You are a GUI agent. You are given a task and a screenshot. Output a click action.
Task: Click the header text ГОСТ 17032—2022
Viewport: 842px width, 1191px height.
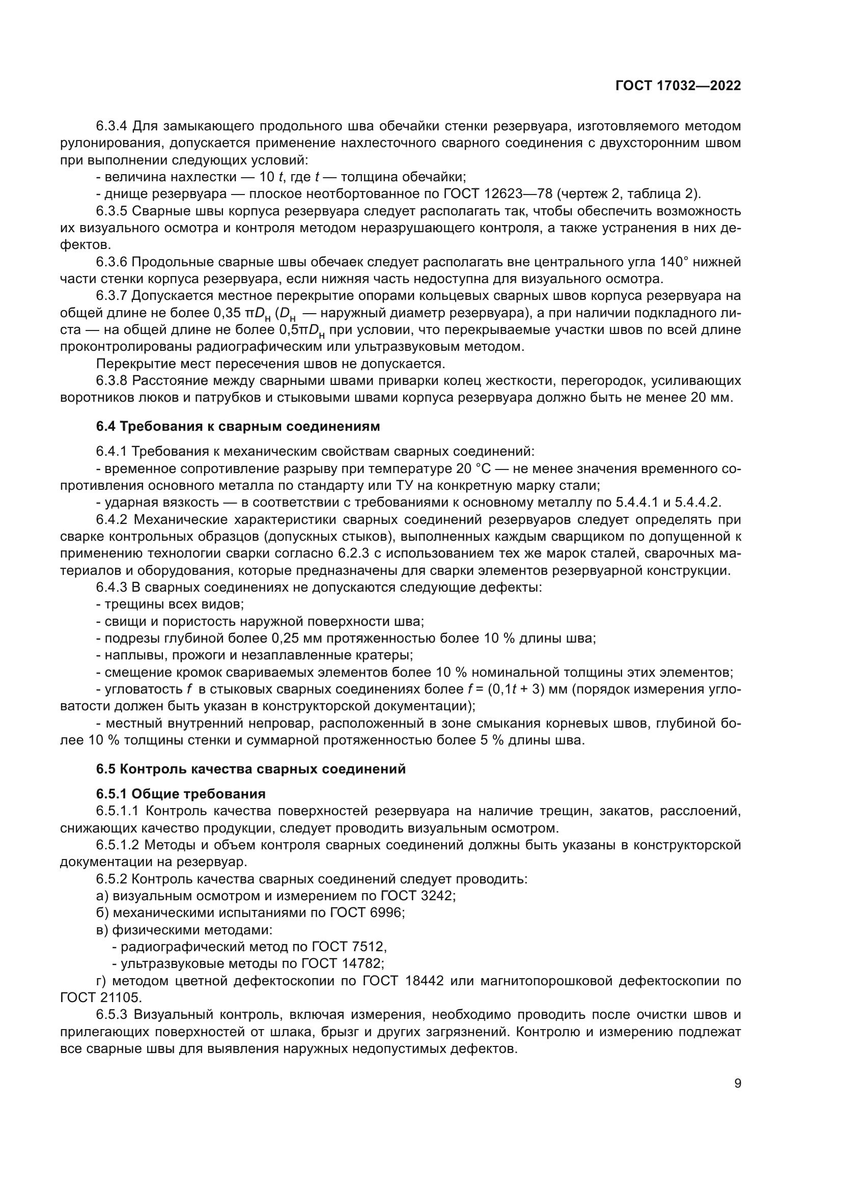click(x=678, y=86)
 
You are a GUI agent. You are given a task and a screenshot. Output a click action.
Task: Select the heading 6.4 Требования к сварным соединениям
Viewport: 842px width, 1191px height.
click(x=238, y=426)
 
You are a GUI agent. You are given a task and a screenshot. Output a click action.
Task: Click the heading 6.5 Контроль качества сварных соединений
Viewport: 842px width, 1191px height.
click(x=251, y=769)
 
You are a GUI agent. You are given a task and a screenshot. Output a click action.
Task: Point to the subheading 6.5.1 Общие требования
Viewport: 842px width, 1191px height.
click(x=181, y=794)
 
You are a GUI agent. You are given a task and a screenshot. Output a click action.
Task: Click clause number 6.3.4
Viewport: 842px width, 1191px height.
click(x=111, y=126)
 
